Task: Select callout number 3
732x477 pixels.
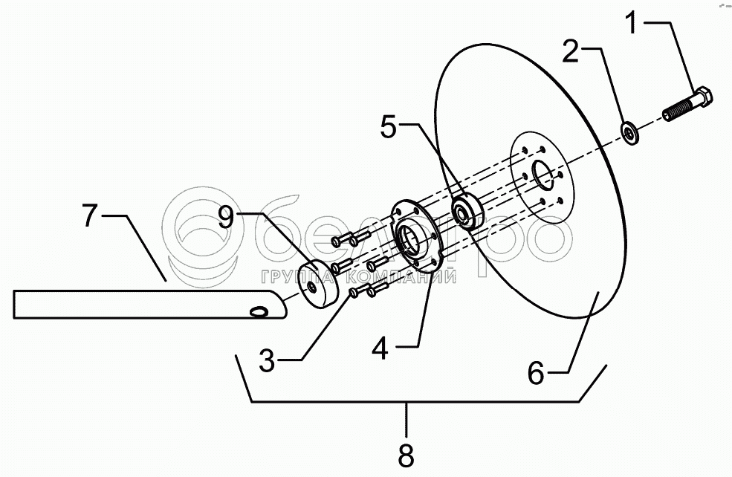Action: pos(267,362)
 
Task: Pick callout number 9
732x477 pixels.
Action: pos(228,217)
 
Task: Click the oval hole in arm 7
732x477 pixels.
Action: pos(259,310)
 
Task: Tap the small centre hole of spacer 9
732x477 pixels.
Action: pos(314,286)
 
